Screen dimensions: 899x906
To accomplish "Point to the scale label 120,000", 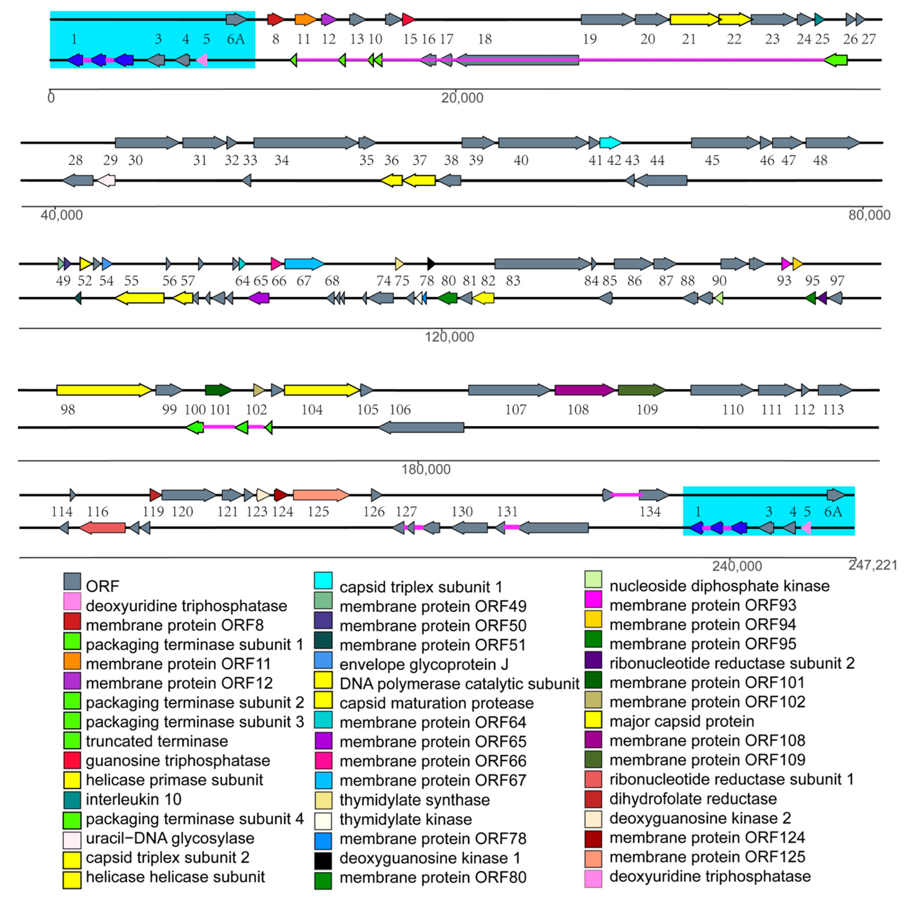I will pos(449,337).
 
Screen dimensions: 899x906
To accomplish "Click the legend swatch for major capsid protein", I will pos(593,720).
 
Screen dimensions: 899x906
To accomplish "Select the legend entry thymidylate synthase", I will pos(414,800).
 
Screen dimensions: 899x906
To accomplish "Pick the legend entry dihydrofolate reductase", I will pos(693,799).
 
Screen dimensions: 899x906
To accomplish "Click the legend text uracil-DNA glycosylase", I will pos(170,838).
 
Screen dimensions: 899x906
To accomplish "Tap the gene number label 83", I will pos(513,281).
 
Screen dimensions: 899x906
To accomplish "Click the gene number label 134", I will pos(650,512).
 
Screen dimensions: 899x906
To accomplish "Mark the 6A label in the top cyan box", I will pos(236,39).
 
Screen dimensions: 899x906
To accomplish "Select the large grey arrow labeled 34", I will pos(305,142).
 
